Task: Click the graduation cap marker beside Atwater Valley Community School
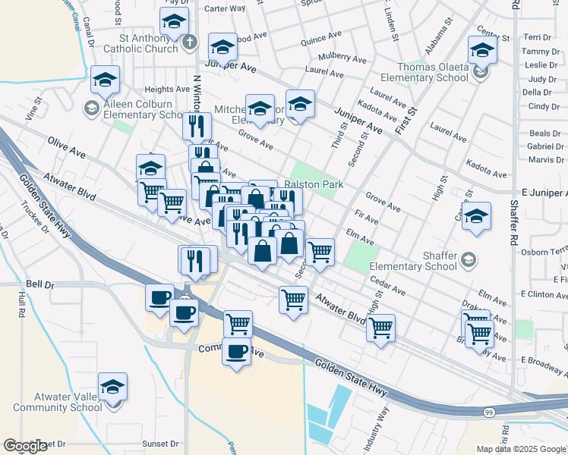click(113, 388)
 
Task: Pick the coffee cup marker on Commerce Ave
click(236, 351)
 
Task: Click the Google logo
click(25, 446)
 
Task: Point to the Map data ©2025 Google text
click(522, 449)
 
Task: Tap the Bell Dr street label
click(40, 284)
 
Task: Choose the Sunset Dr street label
click(160, 444)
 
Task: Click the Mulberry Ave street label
click(342, 58)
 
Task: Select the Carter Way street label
click(225, 9)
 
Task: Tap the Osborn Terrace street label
click(547, 251)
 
